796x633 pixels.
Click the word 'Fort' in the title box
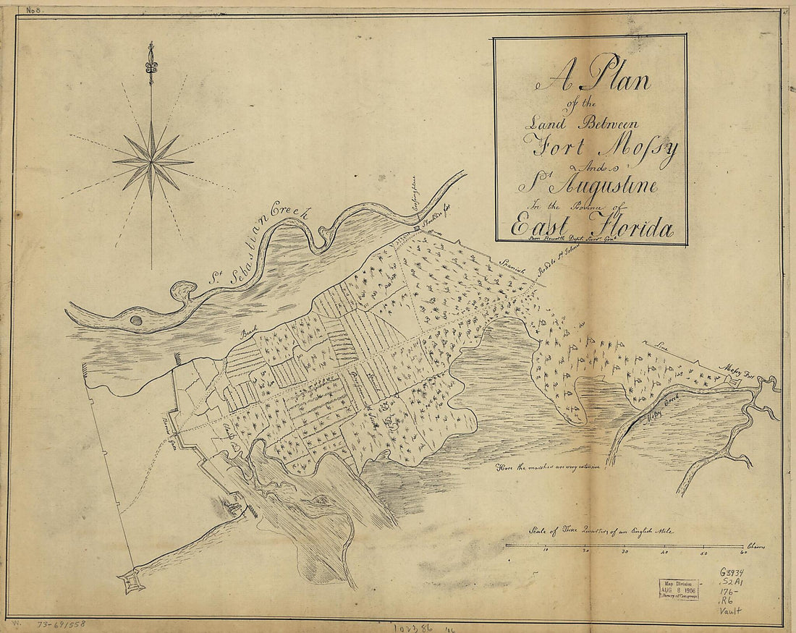[x=557, y=150]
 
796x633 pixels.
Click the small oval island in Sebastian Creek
[x=135, y=320]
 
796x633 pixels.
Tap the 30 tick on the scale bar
[x=625, y=552]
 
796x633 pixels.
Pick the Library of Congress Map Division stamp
[x=677, y=589]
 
